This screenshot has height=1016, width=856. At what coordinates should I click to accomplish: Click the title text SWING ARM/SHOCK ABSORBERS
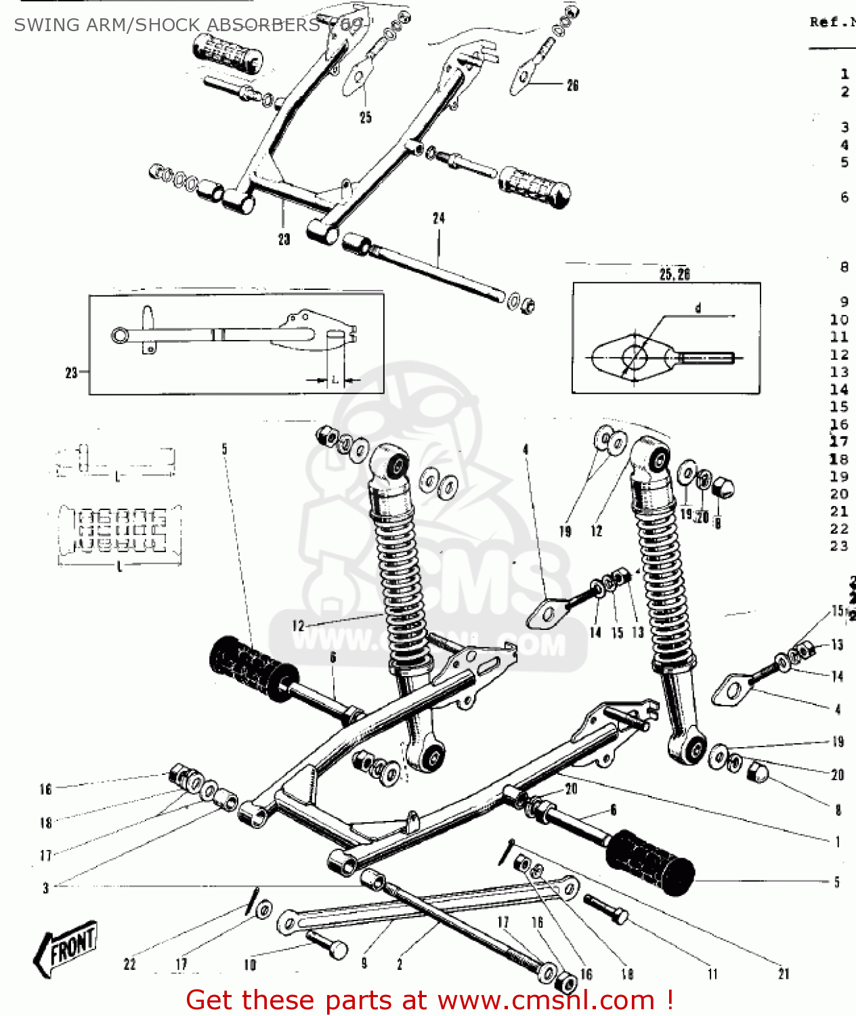pyautogui.click(x=166, y=25)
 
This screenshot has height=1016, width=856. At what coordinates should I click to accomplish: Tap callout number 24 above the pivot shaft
pyautogui.click(x=439, y=218)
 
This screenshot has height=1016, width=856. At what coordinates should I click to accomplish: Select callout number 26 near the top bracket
pyautogui.click(x=573, y=85)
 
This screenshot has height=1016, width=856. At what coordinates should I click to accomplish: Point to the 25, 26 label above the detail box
pyautogui.click(x=674, y=274)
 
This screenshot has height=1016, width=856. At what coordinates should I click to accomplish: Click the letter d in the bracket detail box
pyautogui.click(x=698, y=308)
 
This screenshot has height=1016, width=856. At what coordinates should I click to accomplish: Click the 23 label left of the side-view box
pyautogui.click(x=71, y=373)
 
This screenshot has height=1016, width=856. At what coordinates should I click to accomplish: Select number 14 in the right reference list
pyautogui.click(x=839, y=389)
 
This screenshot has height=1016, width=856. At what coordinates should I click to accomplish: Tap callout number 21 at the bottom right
pyautogui.click(x=784, y=974)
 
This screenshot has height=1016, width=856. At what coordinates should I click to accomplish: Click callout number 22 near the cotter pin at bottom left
pyautogui.click(x=129, y=964)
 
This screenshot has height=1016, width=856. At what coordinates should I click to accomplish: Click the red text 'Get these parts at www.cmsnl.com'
pyautogui.click(x=429, y=1000)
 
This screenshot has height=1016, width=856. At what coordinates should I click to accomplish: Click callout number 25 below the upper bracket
pyautogui.click(x=366, y=118)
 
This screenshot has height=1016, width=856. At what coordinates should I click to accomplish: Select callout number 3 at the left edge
pyautogui.click(x=45, y=887)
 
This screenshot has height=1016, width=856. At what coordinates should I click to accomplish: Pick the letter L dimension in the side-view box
pyautogui.click(x=334, y=380)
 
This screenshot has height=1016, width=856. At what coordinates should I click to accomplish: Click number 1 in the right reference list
pyautogui.click(x=844, y=74)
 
